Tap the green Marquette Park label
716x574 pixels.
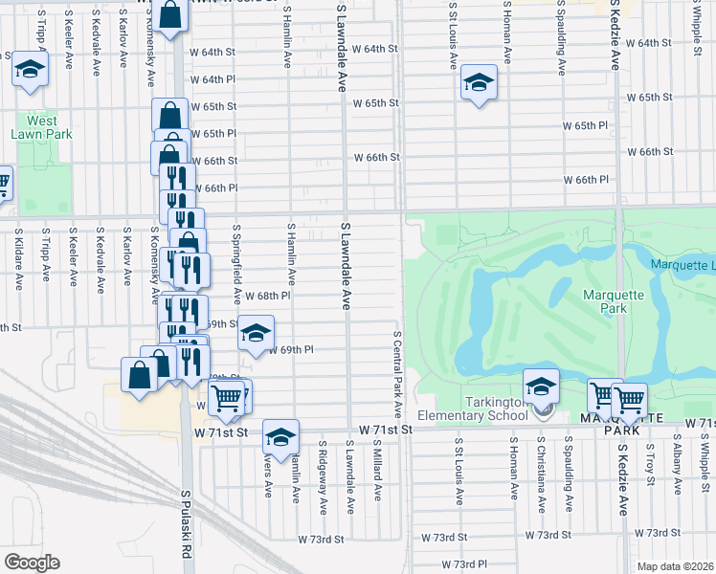[x=605, y=302]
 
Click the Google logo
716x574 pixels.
[x=32, y=563]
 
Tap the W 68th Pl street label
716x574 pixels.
[x=267, y=298]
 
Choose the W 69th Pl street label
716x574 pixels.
[x=294, y=350]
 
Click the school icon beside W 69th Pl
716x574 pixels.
[x=256, y=334]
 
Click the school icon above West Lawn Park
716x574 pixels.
[x=30, y=70]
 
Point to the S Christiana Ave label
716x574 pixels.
[x=541, y=467]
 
